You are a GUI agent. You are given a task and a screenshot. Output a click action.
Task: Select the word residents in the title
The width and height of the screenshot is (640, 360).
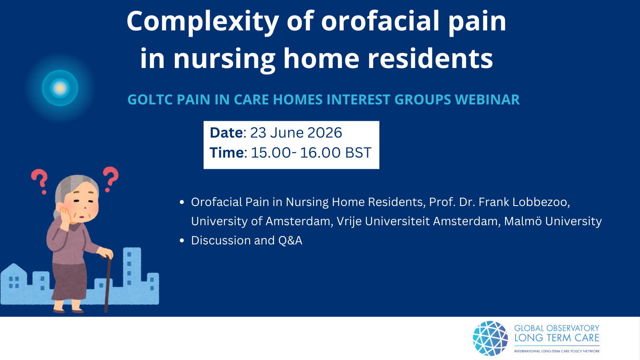[430, 58]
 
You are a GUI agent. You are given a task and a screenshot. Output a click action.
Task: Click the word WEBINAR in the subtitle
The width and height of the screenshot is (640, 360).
[487, 100]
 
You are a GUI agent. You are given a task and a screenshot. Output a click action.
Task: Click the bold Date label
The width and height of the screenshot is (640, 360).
[226, 132]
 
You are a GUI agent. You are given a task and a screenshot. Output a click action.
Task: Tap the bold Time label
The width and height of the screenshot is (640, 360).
[228, 152]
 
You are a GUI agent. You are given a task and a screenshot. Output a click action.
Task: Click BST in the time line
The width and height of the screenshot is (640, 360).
[358, 152]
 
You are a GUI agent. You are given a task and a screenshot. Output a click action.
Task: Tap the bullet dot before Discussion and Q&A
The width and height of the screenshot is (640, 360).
[182, 240]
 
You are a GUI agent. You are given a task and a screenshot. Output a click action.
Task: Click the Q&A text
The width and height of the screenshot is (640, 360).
[290, 240]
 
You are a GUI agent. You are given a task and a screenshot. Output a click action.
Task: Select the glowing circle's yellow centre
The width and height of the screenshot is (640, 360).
[60, 88]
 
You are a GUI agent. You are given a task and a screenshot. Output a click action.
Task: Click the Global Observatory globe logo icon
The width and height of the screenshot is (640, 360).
[490, 338]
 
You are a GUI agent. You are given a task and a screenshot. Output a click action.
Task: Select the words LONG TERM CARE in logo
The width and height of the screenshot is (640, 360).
[556, 338]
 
